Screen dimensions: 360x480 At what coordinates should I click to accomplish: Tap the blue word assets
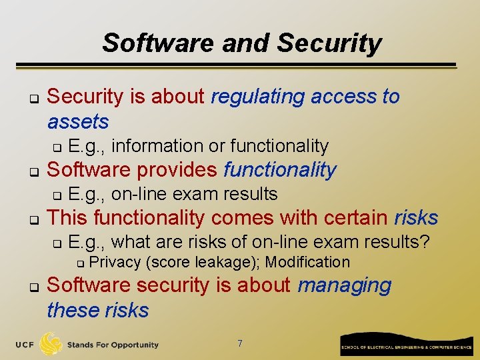(x=77, y=122)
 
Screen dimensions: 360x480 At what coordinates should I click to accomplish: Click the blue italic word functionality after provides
(x=279, y=170)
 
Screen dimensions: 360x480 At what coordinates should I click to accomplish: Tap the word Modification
(x=307, y=262)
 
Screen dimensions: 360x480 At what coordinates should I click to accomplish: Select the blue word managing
(x=344, y=285)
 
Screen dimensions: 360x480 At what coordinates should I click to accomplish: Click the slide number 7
(x=240, y=343)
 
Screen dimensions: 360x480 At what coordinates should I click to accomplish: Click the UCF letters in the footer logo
(x=25, y=345)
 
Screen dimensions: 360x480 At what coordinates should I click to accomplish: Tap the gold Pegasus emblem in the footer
(x=51, y=343)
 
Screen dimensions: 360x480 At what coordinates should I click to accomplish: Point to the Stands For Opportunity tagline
(x=113, y=345)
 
